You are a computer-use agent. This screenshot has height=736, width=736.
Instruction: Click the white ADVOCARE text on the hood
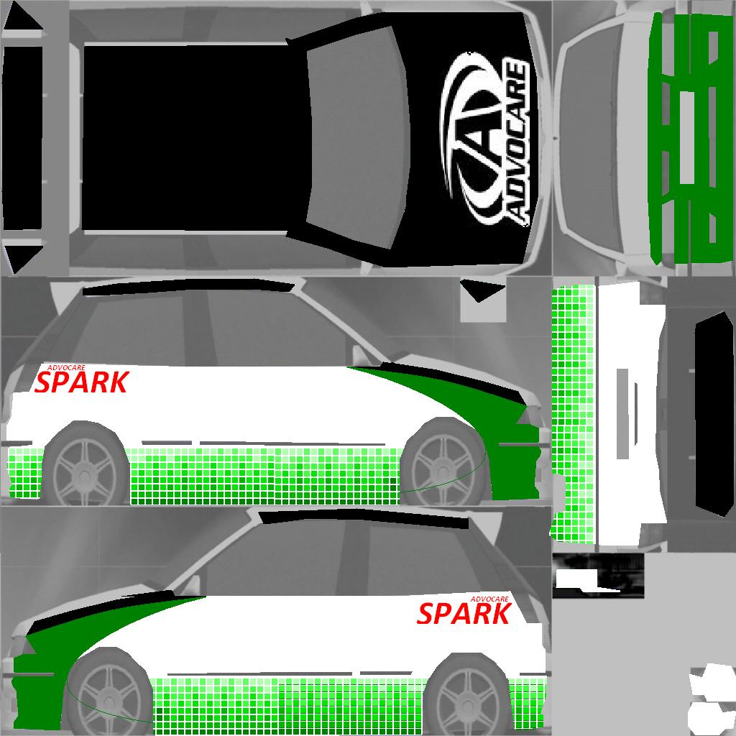[x=517, y=142]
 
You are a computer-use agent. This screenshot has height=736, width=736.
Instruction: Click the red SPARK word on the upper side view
[x=82, y=382]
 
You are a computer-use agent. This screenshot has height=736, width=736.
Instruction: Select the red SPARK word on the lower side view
[x=464, y=614]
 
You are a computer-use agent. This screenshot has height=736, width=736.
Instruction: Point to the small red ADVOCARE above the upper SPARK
[x=66, y=368]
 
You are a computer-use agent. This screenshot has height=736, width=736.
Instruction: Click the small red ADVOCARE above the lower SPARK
[x=489, y=599]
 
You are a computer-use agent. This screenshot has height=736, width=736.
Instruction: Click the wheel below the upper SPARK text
[x=85, y=465]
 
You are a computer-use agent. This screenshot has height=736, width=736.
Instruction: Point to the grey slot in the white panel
[x=622, y=413]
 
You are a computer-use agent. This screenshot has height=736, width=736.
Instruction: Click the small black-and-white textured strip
[x=598, y=576]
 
